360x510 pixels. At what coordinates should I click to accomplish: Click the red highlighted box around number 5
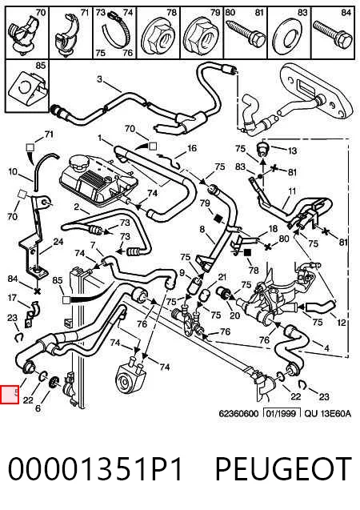point(10,395)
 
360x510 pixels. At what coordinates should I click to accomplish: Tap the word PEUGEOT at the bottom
point(283,468)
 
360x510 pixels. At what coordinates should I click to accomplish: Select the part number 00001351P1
point(95,468)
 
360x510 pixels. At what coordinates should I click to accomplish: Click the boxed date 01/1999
point(282,413)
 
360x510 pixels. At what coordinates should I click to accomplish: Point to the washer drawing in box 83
point(286,38)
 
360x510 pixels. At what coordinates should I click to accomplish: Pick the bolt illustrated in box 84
point(332,34)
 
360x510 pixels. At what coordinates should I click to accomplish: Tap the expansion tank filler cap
point(78,163)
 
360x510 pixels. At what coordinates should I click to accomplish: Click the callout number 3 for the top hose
point(99,79)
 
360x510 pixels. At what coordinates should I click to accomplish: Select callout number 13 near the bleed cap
point(292,151)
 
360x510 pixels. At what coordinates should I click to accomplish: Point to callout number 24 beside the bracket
point(58,242)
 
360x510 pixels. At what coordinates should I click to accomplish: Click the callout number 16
point(192,148)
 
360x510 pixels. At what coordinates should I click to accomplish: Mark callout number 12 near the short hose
point(341,323)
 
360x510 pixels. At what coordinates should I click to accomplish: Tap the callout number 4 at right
point(326,349)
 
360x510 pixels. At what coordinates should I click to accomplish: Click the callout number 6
point(38,408)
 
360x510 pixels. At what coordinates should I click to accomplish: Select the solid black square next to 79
point(218,217)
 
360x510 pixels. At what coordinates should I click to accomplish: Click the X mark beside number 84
point(37,291)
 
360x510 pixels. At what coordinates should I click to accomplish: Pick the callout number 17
point(12,298)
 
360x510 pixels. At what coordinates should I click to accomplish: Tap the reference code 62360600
point(238,414)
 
